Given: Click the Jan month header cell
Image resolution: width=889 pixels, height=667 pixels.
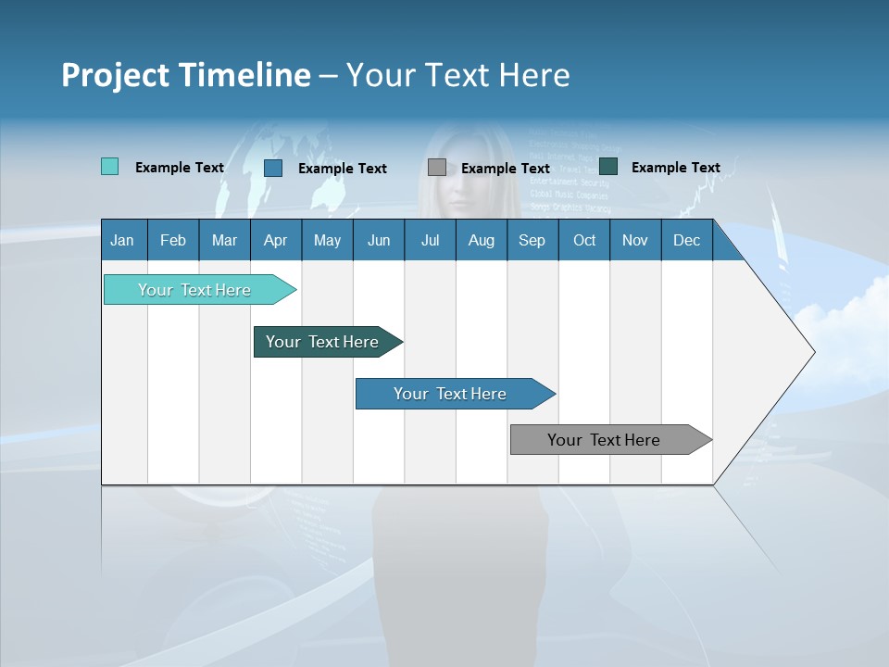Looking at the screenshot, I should tap(123, 240).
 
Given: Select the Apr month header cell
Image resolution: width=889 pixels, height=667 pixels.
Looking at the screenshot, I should tap(276, 240).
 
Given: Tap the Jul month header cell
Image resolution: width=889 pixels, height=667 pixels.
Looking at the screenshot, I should tap(430, 240).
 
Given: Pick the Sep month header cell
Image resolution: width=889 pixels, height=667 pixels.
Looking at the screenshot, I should tap(532, 240).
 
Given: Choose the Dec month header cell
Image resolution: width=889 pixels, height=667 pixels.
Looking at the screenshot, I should tap(686, 240).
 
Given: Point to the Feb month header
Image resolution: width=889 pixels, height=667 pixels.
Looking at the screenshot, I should tap(173, 240).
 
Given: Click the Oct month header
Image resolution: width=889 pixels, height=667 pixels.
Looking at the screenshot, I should tap(584, 240).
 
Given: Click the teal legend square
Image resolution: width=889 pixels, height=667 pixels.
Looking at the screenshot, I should tap(110, 167).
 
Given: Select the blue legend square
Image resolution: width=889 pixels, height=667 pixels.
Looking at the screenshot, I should tap(273, 168).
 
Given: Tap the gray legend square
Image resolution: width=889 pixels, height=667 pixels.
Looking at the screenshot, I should tap(437, 168).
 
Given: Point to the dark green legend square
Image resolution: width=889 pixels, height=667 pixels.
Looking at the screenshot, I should tap(608, 167).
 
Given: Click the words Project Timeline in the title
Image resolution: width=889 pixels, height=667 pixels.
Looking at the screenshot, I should tap(186, 75).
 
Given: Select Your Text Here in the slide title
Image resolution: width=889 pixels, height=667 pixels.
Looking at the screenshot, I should tap(457, 75).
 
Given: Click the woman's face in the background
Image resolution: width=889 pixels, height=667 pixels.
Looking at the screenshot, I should tap(454, 181).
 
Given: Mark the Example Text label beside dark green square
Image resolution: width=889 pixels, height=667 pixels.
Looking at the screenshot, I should tap(675, 168).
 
